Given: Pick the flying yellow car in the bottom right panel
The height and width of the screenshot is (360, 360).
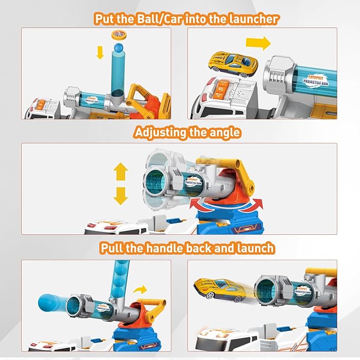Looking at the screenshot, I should pyautogui.click(x=217, y=290).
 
